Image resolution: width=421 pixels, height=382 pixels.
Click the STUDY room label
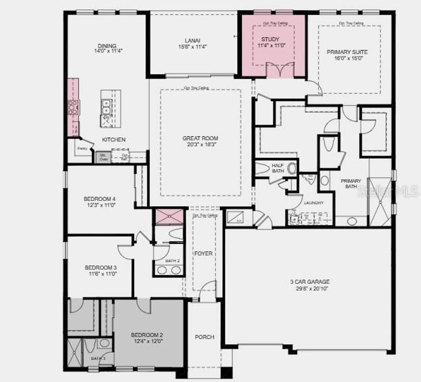point(270,39)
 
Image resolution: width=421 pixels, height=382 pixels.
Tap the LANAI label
point(192,40)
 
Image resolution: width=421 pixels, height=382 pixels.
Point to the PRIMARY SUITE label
point(347,52)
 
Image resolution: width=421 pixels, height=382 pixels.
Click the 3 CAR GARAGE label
point(310,282)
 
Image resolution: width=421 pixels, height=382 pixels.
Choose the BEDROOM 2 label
point(147,335)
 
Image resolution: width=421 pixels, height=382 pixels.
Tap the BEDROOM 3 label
point(101,268)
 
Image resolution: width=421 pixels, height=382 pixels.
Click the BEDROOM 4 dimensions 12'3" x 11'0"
point(101,205)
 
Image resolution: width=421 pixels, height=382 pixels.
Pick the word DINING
point(107,46)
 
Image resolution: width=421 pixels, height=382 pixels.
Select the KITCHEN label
point(114,140)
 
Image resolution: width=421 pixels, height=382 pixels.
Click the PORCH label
point(204,337)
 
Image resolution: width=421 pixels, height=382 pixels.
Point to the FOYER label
point(203,253)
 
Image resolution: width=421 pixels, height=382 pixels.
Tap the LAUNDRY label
point(314,203)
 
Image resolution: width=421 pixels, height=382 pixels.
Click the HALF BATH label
point(278,168)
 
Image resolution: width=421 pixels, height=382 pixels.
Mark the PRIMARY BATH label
point(351,183)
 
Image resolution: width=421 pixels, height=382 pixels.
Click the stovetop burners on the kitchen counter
point(73,107)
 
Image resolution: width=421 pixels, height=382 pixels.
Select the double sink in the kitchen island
point(106,107)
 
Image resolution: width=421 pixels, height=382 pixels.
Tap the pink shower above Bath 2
point(169,217)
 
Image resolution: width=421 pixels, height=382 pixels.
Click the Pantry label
point(82,148)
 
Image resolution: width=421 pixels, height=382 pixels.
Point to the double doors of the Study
point(280,69)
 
